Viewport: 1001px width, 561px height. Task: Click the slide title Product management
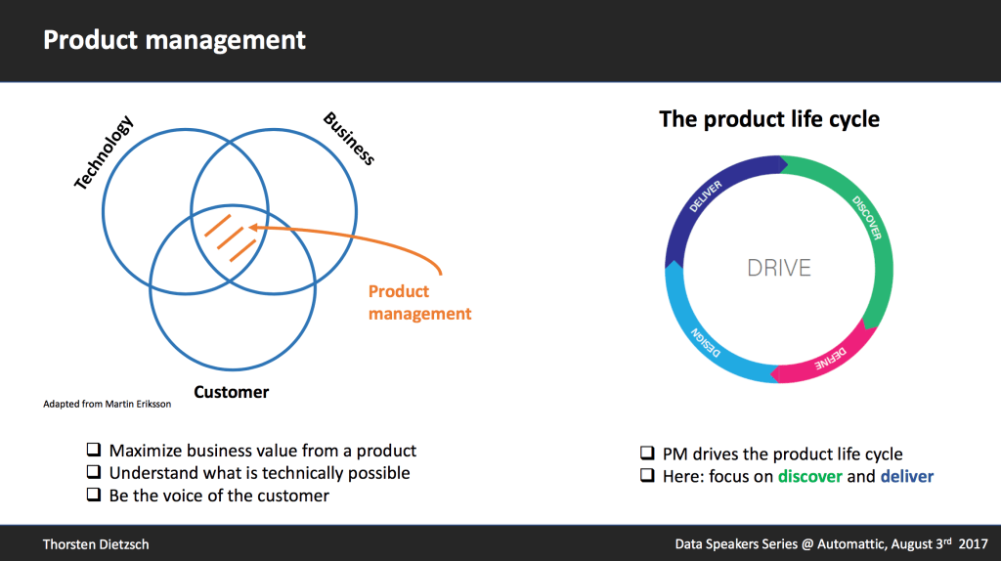point(175,40)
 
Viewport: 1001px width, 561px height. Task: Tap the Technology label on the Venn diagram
point(104,152)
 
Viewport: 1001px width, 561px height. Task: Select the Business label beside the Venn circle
point(349,140)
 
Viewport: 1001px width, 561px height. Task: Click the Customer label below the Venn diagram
point(231,392)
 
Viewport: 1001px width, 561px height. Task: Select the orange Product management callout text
point(419,303)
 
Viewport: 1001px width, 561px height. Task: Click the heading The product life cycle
point(769,119)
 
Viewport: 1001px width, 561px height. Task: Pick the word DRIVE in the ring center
point(779,267)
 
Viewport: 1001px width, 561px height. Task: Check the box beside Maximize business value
point(94,451)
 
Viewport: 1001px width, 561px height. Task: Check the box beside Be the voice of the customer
point(94,495)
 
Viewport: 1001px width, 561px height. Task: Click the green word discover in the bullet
point(809,477)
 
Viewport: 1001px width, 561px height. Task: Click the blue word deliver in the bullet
point(906,477)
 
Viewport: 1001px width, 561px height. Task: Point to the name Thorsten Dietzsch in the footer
point(96,543)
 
